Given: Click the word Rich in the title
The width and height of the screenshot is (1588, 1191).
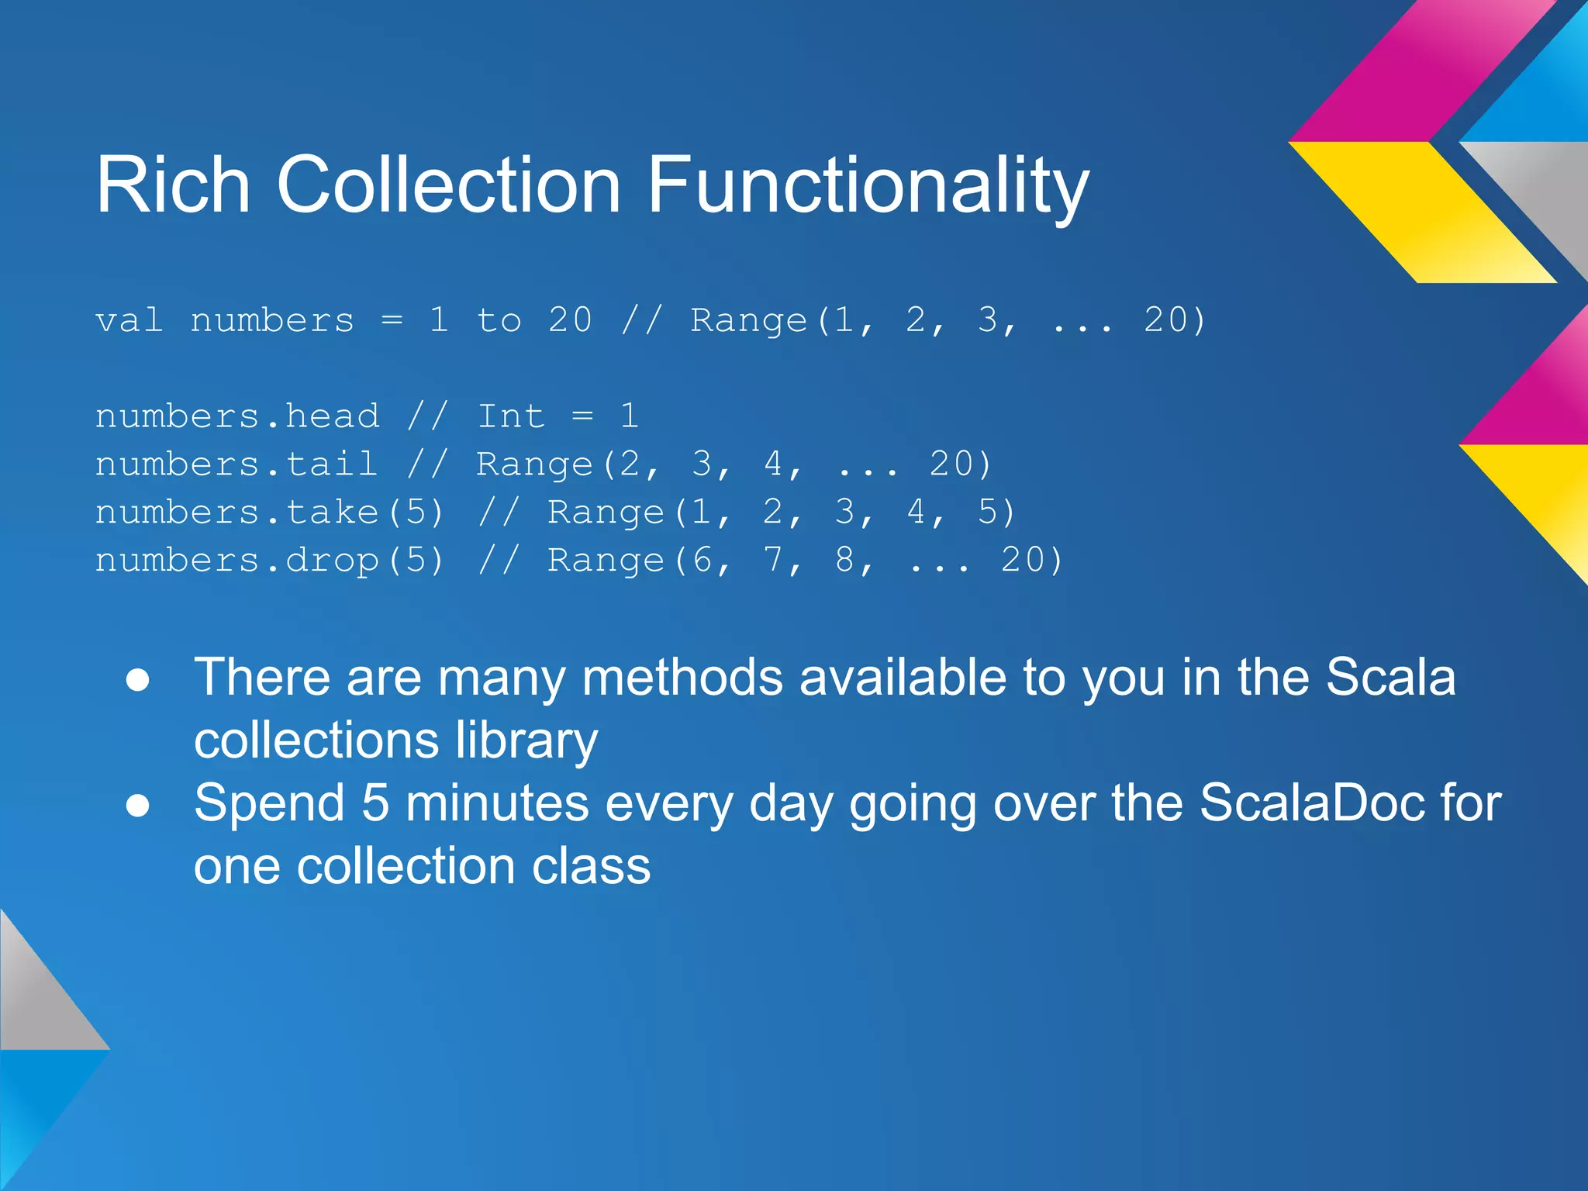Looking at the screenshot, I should point(173,185).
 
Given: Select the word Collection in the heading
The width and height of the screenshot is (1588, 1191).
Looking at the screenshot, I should point(448,185).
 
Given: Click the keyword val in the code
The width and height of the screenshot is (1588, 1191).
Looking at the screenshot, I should point(129,320).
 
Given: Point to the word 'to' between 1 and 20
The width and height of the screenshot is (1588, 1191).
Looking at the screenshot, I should point(499,320).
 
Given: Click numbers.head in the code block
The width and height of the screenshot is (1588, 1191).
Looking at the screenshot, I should point(237,416).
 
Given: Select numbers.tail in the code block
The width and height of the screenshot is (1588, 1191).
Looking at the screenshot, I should point(237,464).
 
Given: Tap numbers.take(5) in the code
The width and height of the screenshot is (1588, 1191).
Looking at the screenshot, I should point(270,513).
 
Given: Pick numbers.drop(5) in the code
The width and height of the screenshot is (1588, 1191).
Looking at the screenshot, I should point(270,561).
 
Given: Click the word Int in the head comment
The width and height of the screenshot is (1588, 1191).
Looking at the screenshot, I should point(511,416).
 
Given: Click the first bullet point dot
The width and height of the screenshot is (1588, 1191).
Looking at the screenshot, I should point(138,680).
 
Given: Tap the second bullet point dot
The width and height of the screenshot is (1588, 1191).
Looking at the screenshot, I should point(138,806).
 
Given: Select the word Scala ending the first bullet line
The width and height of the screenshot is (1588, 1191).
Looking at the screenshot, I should point(1390,677).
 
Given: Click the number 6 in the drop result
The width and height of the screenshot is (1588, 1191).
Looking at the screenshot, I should point(702,561).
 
